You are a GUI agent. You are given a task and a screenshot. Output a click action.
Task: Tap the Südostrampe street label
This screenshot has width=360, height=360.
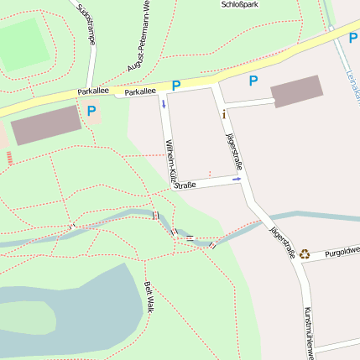(86, 23)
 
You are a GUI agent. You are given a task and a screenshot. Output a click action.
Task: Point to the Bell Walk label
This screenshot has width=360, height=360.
(149, 297)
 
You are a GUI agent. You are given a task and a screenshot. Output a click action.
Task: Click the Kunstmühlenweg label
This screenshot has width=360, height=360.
(308, 331)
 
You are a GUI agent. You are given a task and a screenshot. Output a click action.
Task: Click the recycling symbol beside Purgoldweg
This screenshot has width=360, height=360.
(305, 252)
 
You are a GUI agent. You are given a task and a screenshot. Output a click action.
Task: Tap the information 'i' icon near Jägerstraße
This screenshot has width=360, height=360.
(223, 112)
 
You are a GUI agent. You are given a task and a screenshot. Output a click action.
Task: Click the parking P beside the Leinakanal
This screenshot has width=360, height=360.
(353, 37)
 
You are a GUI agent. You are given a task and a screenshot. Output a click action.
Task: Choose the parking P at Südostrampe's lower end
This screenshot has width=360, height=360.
(91, 110)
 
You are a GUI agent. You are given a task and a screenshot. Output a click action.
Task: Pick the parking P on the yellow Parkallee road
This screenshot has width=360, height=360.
(176, 85)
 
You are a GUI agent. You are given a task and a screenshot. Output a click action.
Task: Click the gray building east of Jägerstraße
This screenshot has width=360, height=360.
(295, 91)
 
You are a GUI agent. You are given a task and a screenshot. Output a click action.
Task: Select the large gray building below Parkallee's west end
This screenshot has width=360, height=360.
(46, 125)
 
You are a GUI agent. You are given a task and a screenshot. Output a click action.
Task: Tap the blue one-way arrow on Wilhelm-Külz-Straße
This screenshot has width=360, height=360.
(164, 104)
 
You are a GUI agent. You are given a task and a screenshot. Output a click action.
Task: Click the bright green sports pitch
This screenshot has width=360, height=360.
(21, 44)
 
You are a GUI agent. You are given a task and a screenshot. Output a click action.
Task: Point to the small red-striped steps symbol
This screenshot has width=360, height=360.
(9, 157)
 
